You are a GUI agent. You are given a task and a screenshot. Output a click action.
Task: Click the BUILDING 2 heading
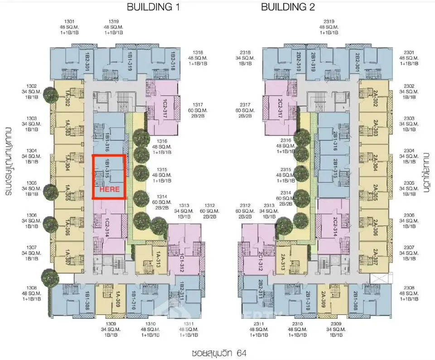[288, 7]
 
